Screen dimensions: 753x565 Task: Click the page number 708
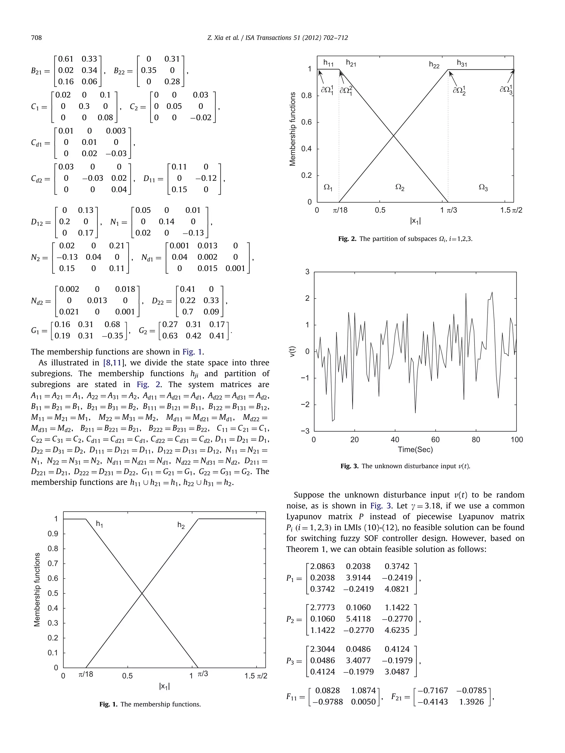(x=36, y=38)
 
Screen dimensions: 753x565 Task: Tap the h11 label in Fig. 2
(x=328, y=63)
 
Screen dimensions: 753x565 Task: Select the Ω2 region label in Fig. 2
(x=399, y=187)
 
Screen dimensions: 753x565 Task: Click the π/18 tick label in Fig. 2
(x=340, y=210)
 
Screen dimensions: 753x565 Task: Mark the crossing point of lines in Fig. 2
(x=393, y=136)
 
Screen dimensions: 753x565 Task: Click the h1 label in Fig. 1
(x=99, y=524)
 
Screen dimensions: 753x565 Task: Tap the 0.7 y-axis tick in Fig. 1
(x=53, y=563)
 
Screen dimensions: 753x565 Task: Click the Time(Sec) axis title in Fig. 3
(x=415, y=449)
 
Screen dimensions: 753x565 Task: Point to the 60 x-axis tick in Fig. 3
(x=435, y=440)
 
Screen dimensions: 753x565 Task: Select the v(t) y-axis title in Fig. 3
(x=292, y=351)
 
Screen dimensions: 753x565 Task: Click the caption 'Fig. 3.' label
(x=350, y=466)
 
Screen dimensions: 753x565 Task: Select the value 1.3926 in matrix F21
(x=471, y=702)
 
